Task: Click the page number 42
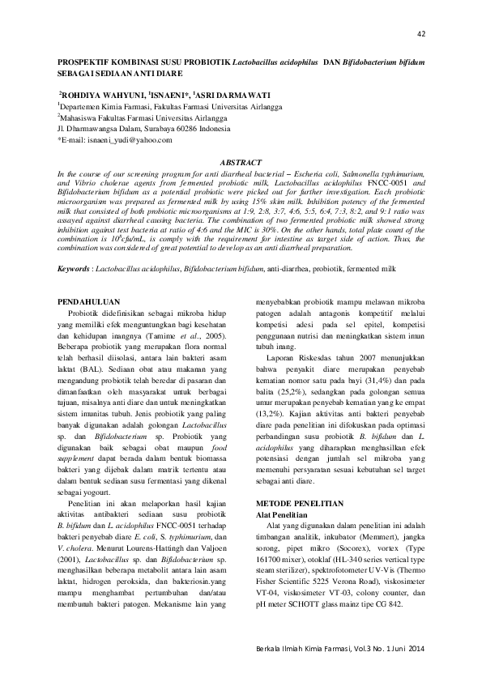click(x=420, y=33)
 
